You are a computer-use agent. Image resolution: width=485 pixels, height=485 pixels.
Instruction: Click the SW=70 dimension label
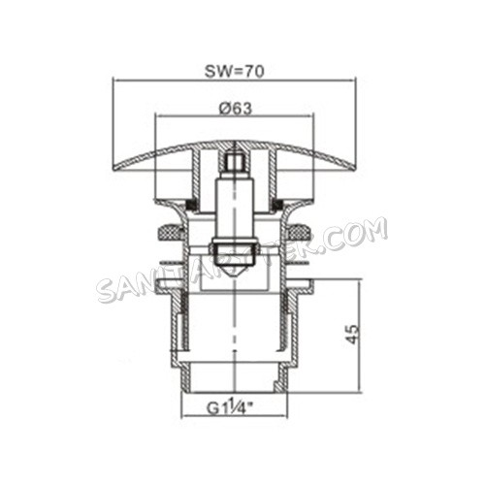point(236,70)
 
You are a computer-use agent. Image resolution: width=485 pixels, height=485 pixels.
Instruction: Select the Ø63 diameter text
point(236,109)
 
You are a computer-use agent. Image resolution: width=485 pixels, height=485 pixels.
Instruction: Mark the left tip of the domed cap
point(115,170)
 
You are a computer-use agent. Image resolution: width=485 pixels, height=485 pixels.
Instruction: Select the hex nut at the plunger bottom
point(234,257)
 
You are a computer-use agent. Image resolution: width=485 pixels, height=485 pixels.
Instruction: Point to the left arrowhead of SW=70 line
point(116,81)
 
